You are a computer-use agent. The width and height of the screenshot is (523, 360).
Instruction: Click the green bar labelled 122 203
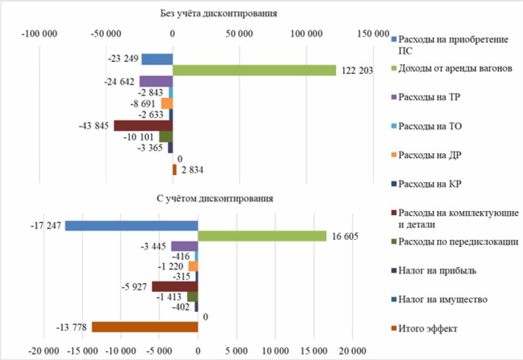(254, 70)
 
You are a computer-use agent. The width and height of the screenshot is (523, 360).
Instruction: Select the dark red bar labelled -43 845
(143, 126)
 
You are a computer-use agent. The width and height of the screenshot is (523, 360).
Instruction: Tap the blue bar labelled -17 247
(131, 225)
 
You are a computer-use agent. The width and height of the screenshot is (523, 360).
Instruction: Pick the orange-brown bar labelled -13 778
(144, 327)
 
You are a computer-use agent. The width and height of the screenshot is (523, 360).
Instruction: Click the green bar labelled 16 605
(262, 236)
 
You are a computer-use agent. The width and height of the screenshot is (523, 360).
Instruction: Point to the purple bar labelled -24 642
(156, 81)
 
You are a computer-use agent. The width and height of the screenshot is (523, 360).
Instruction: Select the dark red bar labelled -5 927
(174, 287)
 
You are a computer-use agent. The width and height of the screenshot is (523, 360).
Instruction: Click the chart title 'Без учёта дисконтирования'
(219, 13)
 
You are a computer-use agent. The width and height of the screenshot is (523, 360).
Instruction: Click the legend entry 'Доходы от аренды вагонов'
(455, 69)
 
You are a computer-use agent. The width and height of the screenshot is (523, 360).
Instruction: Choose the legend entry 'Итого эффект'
(428, 328)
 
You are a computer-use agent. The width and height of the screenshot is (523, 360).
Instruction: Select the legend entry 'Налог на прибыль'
(437, 270)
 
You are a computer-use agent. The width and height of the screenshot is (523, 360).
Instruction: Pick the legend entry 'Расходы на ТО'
(430, 126)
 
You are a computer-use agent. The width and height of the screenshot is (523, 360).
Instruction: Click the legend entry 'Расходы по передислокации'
(458, 242)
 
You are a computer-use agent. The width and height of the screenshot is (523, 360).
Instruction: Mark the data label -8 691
(143, 103)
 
